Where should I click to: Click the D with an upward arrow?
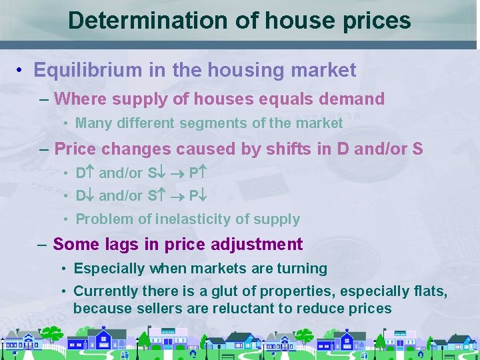85,173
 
